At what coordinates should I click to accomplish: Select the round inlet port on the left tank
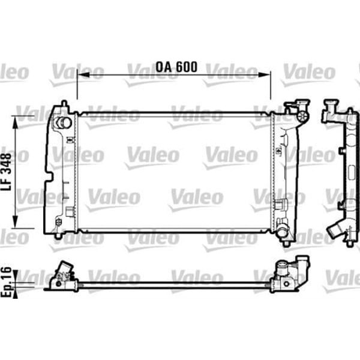tap(62, 123)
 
